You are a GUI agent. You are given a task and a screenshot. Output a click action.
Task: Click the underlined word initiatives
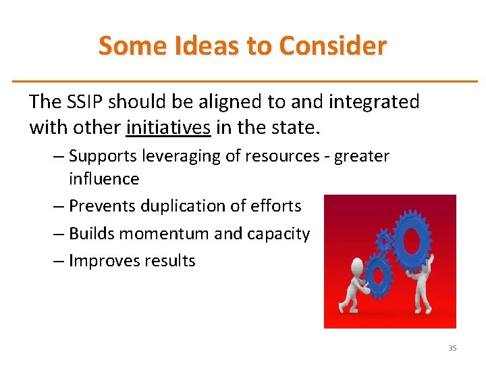[168, 127]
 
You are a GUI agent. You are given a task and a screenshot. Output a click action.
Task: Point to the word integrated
[373, 102]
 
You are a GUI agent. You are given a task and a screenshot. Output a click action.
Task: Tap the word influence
[103, 179]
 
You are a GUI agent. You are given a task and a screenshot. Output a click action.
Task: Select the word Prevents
[99, 205]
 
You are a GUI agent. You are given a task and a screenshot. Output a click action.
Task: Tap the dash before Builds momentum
[59, 234]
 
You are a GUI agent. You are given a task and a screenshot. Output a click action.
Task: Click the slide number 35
[452, 348]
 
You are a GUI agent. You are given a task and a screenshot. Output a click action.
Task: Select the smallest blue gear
[384, 239]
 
